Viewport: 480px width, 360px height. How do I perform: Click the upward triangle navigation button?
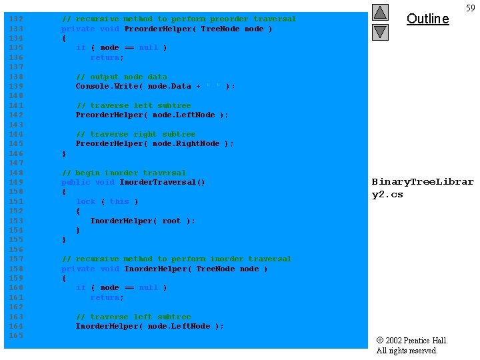click(x=380, y=12)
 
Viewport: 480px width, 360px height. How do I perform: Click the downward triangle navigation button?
click(x=380, y=31)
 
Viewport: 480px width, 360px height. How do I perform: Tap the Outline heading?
click(x=427, y=19)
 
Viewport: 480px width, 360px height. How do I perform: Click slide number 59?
click(x=471, y=8)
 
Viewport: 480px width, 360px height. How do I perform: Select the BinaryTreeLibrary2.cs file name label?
click(x=422, y=188)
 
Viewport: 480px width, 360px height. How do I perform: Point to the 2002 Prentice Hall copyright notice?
click(x=412, y=345)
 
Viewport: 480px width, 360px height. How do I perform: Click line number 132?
click(x=16, y=19)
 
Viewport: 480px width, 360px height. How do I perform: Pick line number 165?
click(x=16, y=336)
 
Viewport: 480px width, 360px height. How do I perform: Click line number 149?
click(x=16, y=183)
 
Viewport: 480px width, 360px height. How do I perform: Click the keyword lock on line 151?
click(x=86, y=201)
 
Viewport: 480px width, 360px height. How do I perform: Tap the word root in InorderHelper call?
click(x=171, y=221)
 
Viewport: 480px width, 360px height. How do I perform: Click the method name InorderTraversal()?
click(x=162, y=182)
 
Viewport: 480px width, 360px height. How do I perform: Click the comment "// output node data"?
click(x=121, y=77)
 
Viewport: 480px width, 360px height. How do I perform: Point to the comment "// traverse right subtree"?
click(x=135, y=134)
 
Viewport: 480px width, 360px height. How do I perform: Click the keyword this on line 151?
click(x=119, y=201)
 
